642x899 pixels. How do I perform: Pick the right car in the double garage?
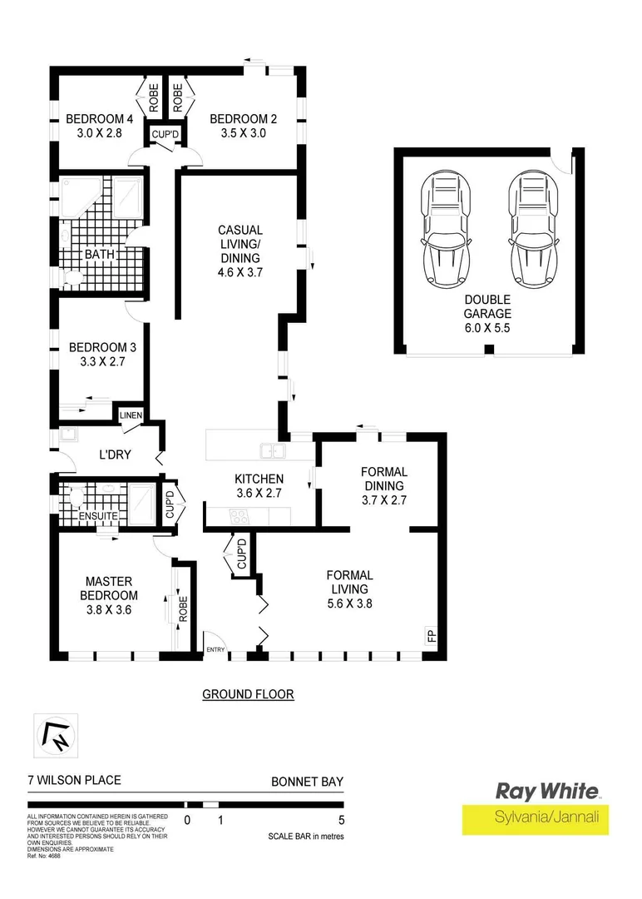[531, 228]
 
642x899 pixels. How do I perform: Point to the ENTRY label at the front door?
[215, 650]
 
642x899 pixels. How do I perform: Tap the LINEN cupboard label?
[131, 415]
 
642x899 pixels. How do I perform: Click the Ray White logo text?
[546, 791]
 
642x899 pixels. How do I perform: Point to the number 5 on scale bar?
[342, 820]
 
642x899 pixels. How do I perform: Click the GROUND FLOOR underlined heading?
[248, 693]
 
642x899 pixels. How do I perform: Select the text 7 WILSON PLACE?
[74, 781]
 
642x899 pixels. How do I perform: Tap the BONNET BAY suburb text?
[307, 782]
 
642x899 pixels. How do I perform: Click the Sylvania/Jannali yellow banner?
[536, 819]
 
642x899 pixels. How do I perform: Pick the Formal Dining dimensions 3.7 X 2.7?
[383, 500]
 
